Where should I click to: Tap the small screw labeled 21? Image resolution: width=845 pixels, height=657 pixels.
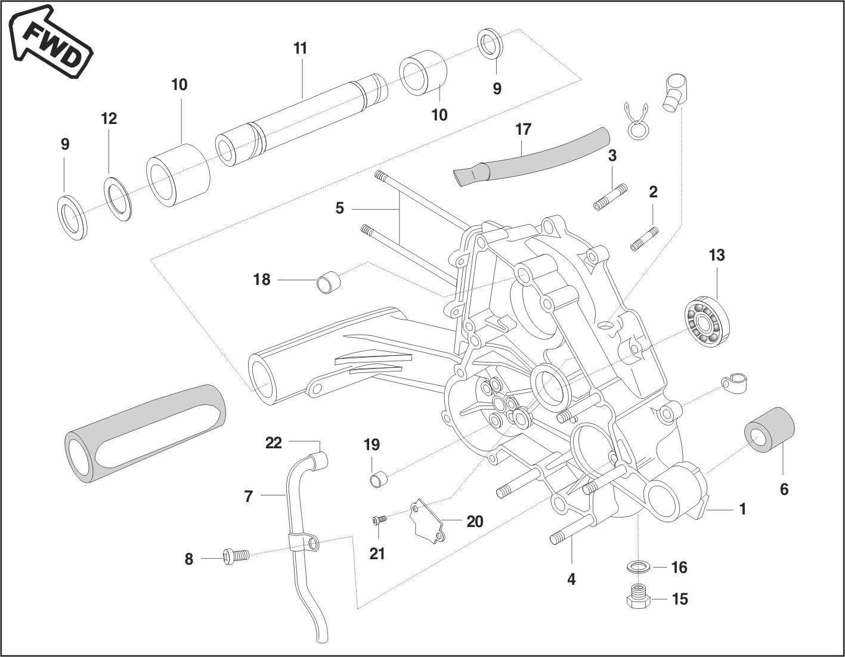379,520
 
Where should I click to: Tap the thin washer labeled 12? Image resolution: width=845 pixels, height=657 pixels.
119,197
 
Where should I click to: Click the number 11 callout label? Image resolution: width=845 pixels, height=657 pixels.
300,48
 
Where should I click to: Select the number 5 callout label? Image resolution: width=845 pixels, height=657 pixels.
339,208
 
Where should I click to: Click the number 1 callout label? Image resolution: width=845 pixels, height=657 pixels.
742,509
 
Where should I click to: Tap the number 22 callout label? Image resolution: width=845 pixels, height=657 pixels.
273,443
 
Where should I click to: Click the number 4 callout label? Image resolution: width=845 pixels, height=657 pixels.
571,579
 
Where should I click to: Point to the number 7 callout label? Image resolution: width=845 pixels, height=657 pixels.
249,495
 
